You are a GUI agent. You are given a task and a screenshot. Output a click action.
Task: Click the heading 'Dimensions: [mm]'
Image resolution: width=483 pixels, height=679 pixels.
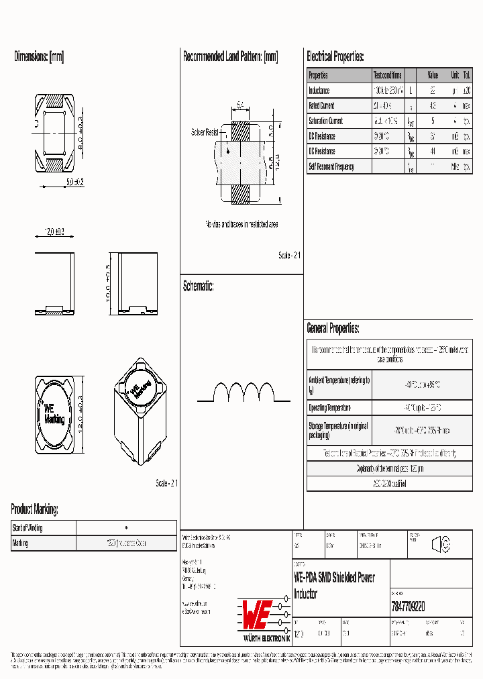pos(39,57)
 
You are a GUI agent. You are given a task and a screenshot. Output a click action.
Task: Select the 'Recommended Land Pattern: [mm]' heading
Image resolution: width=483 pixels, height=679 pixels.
pos(230,57)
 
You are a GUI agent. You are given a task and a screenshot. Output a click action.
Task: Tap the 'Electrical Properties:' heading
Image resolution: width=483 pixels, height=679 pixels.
pos(335,57)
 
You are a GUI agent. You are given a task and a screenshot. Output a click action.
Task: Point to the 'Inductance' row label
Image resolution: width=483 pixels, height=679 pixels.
pos(319,91)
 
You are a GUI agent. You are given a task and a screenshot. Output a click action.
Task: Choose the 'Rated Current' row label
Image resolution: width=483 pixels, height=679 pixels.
pos(321,106)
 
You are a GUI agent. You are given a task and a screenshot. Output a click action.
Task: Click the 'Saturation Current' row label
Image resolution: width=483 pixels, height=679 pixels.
pos(325,121)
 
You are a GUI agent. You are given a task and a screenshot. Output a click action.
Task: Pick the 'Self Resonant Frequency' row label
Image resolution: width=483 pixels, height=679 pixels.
pos(331,166)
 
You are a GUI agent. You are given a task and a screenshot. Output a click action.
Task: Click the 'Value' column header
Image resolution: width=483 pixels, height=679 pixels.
pos(433,75)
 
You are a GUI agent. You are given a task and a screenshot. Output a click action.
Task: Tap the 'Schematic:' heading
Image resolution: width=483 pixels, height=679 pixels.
pos(199,286)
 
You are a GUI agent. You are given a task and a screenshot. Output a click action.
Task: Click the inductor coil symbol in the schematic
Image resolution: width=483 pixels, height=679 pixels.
pos(244,393)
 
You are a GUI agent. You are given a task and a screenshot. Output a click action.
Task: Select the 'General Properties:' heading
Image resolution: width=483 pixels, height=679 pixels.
pos(333,329)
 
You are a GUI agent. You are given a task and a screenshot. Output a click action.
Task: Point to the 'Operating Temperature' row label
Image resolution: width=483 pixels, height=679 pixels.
pos(329,408)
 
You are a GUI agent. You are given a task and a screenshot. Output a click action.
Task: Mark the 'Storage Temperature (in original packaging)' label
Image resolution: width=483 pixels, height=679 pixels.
pos(339,430)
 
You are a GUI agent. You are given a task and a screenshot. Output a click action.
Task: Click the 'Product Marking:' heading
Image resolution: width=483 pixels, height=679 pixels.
pos(34,509)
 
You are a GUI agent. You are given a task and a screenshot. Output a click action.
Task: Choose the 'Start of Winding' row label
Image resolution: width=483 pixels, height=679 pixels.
pos(28,528)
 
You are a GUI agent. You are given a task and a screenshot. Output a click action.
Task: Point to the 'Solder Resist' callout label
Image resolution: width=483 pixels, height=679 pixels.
pos(205,132)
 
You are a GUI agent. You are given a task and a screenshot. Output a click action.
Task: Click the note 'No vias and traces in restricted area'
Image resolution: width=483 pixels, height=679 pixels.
pos(241,224)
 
